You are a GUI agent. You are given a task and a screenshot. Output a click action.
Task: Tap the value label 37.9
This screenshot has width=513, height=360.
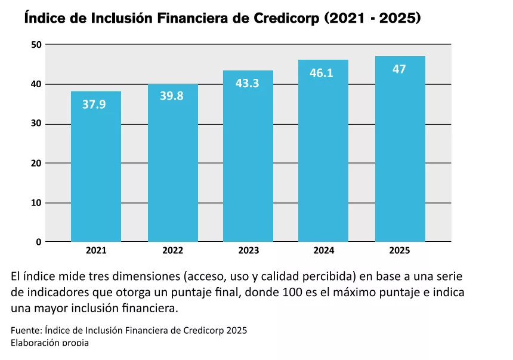point(94,104)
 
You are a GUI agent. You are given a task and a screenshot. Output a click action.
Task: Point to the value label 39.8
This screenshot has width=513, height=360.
point(172,96)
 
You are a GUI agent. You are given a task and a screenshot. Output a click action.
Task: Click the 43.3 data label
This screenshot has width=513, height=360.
point(247,84)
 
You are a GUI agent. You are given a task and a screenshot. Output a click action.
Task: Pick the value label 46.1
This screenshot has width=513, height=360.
point(322,73)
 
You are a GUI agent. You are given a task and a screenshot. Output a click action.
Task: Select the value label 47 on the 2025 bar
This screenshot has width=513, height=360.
point(399,69)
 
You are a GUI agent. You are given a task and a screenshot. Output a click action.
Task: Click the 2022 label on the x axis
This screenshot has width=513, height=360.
point(172,251)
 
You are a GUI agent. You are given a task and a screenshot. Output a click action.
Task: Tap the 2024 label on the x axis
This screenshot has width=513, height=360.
point(324,251)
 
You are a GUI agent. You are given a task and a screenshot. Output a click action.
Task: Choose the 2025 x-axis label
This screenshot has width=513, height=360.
point(400,251)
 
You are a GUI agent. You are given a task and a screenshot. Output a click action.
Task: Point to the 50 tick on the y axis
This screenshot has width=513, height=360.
point(36,45)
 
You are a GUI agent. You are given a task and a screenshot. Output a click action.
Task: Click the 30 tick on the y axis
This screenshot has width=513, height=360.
point(36,124)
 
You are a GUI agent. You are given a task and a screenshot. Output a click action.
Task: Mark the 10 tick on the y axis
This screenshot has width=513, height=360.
point(36,203)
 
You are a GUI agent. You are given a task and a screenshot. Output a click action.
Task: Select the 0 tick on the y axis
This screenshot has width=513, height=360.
point(39,242)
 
